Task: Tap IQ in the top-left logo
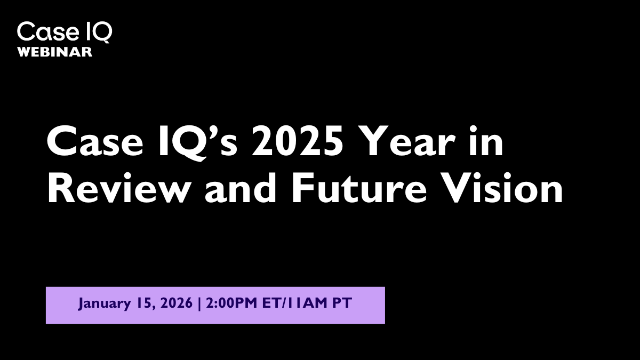(x=98, y=32)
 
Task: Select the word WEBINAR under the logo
(x=55, y=52)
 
